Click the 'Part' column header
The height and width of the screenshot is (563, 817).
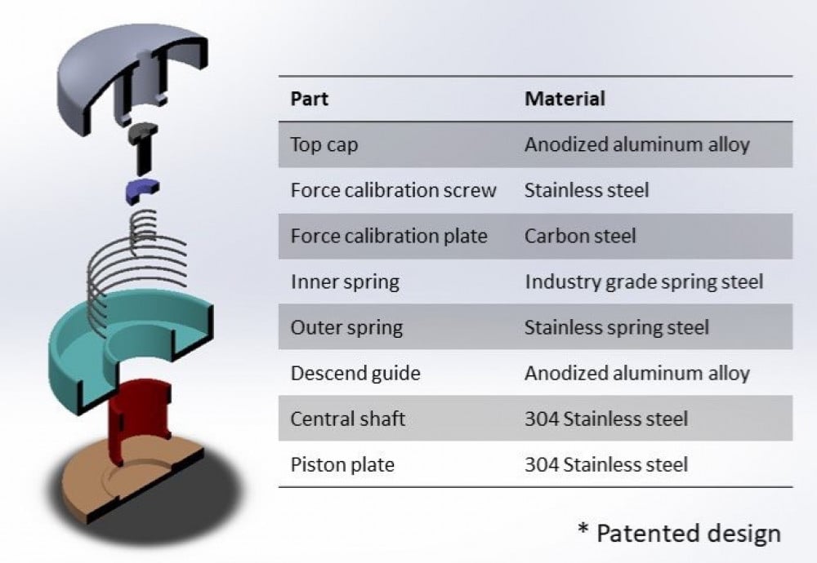coord(310,99)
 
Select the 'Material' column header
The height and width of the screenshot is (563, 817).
coord(565,99)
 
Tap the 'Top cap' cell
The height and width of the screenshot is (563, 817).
coord(324,144)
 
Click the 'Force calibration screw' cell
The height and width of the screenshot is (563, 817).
coord(393,190)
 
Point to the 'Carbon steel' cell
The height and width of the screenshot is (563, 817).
coord(579,236)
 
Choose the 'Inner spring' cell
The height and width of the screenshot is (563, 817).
coord(345,281)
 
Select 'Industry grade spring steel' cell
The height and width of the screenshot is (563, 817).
coord(644,281)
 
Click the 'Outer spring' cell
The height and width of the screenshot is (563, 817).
coord(346,327)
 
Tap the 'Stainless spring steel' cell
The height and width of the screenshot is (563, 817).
coord(617,327)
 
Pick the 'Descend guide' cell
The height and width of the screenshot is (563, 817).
coord(355,373)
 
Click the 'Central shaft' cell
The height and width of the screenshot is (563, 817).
coord(348,419)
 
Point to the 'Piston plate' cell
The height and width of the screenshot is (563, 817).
coord(342,464)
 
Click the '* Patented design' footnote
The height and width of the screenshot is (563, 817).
coord(679,533)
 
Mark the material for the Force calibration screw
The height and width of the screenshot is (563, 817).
coord(587,190)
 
